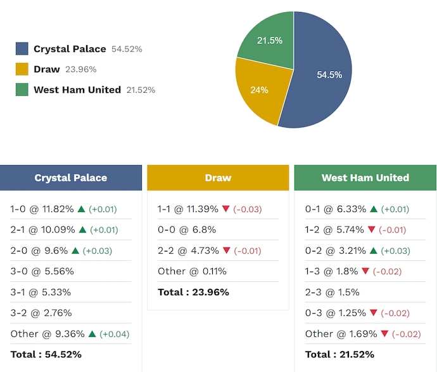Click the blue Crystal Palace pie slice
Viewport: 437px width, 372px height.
(x=323, y=83)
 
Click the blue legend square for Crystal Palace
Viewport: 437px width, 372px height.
(x=22, y=49)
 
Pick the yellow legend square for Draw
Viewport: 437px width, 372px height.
(x=22, y=69)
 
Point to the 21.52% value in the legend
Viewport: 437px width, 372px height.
(x=141, y=90)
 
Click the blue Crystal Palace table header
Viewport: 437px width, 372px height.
(x=71, y=178)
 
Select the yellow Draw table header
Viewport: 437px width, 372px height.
(x=218, y=178)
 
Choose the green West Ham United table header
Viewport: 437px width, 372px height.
(x=365, y=178)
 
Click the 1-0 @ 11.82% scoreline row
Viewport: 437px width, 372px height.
(x=42, y=209)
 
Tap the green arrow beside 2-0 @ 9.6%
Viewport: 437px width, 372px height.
(x=72, y=250)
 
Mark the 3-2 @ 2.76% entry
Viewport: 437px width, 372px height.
(x=41, y=313)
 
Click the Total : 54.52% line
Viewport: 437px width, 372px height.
(x=46, y=354)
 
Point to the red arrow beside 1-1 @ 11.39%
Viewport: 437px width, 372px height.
(x=225, y=209)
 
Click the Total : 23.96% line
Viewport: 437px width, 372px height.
(x=193, y=292)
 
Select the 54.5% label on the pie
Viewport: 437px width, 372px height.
(x=329, y=75)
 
